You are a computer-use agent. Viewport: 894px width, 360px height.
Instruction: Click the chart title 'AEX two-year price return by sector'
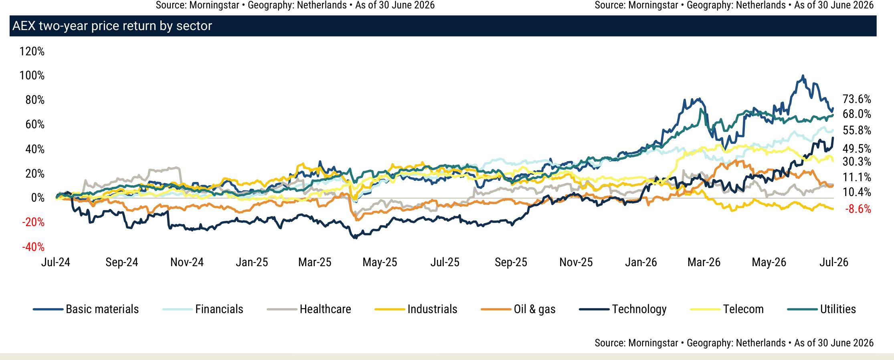[x=112, y=26]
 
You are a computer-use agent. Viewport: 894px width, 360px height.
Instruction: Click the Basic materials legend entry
[x=86, y=309]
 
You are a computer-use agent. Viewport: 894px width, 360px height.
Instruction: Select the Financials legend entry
[x=203, y=309]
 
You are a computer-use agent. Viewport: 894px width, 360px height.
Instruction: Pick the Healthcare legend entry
[x=309, y=309]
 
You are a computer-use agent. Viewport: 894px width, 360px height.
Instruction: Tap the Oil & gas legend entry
[x=518, y=309]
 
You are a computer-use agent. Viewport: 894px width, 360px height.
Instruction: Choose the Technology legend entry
[x=623, y=309]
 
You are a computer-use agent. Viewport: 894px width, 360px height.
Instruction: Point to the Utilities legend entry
[x=822, y=309]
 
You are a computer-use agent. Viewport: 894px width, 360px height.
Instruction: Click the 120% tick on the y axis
[x=32, y=51]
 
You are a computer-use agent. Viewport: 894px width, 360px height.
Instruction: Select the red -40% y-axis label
[x=33, y=247]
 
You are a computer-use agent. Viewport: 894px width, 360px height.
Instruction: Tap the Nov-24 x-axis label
[x=187, y=262]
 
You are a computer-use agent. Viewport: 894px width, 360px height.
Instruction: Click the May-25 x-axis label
[x=380, y=262]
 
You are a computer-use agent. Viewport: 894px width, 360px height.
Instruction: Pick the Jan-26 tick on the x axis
[x=641, y=262]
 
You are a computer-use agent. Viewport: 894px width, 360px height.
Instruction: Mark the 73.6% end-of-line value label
[x=857, y=99]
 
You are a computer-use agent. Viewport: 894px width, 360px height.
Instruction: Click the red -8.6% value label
[x=858, y=209]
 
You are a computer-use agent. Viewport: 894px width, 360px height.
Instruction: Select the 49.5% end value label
[x=857, y=149]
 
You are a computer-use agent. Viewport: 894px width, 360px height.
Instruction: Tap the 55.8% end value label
[x=857, y=130]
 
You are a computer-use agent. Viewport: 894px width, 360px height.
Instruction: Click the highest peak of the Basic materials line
[x=803, y=75]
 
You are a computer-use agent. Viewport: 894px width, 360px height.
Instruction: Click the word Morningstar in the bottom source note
[x=653, y=343]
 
